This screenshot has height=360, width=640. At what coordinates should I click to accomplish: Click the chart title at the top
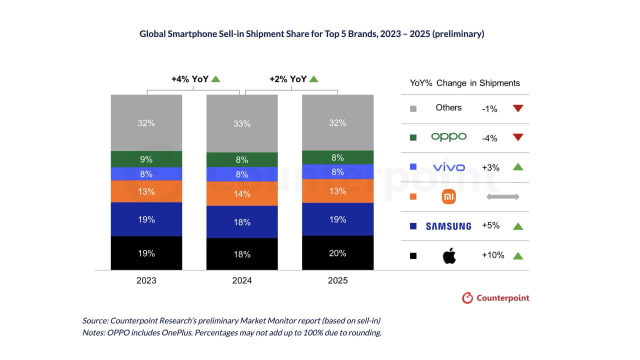click(319, 32)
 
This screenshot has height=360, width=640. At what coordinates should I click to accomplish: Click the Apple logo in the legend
click(449, 256)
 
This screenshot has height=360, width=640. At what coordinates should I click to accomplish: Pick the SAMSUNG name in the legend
click(449, 227)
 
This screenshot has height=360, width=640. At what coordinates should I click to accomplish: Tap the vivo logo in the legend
click(449, 166)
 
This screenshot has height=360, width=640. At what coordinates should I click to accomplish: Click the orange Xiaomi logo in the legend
click(449, 196)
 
